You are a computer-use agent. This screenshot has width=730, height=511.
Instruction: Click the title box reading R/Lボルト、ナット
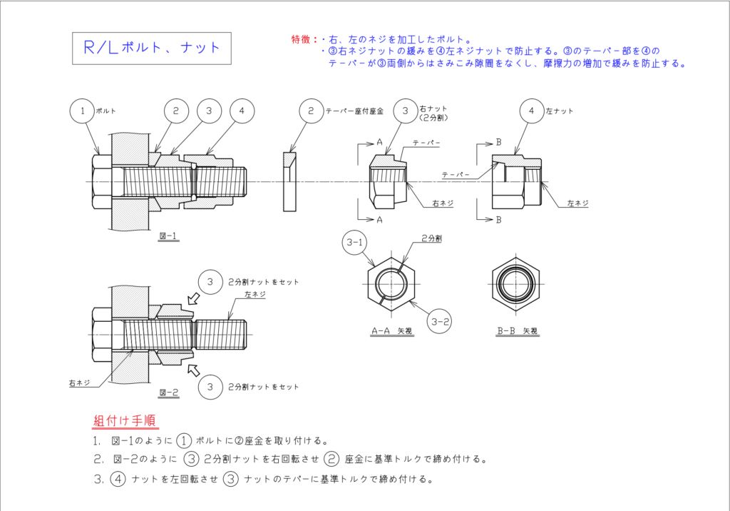click(152, 48)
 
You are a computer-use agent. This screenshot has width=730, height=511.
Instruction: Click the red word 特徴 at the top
click(302, 39)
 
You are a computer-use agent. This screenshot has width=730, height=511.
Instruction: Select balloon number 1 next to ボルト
click(83, 111)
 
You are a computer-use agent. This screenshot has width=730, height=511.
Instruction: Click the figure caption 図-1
click(169, 235)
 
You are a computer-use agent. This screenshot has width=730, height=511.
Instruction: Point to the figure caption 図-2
click(169, 393)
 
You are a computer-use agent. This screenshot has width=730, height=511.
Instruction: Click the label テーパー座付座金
click(355, 111)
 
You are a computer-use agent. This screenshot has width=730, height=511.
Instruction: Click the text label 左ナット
click(560, 111)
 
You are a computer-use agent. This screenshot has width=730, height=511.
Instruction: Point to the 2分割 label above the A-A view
click(431, 238)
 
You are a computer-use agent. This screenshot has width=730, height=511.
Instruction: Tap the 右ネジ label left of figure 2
click(79, 383)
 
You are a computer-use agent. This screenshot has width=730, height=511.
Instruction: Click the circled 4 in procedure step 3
click(118, 479)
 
